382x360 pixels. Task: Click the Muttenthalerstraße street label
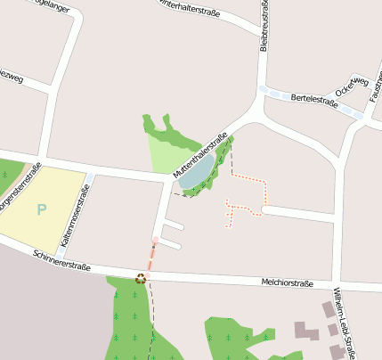tap(201, 160)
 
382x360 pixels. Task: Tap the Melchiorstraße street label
tap(287, 284)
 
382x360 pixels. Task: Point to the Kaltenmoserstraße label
tap(74, 221)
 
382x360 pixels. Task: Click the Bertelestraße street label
tap(314, 100)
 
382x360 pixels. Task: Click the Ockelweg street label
tap(352, 86)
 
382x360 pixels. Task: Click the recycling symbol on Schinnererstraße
tap(141, 278)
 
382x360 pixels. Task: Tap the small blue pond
tap(197, 173)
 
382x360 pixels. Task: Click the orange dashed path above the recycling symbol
tap(150, 256)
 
